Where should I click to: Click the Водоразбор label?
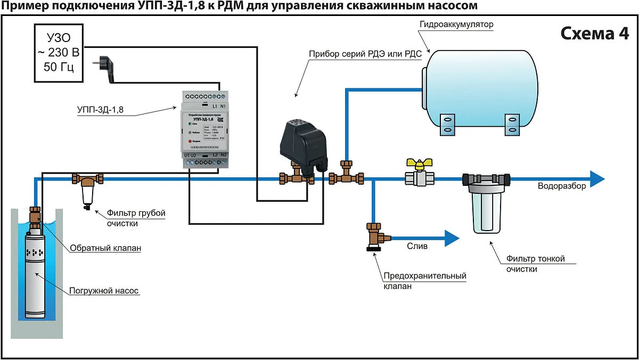[562, 186]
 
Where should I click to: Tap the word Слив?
[417, 247]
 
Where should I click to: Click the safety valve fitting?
[374, 236]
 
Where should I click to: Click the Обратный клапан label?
[106, 248]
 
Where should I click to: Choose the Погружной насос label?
[104, 291]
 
